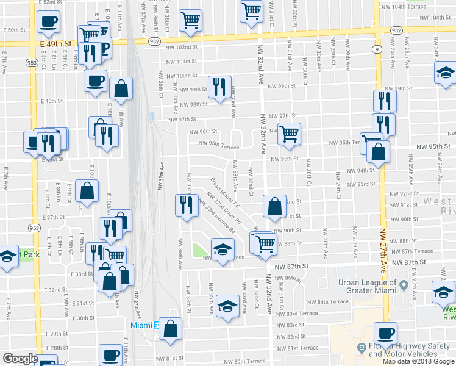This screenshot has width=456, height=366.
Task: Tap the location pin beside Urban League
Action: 404,285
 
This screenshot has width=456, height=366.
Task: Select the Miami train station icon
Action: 157,325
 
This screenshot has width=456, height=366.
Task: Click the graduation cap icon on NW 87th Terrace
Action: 223,248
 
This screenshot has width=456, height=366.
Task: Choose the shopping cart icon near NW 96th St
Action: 290,132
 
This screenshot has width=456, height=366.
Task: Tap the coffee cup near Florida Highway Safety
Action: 385,332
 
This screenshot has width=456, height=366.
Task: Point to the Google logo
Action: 20,359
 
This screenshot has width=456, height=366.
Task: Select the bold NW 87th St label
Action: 291,267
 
